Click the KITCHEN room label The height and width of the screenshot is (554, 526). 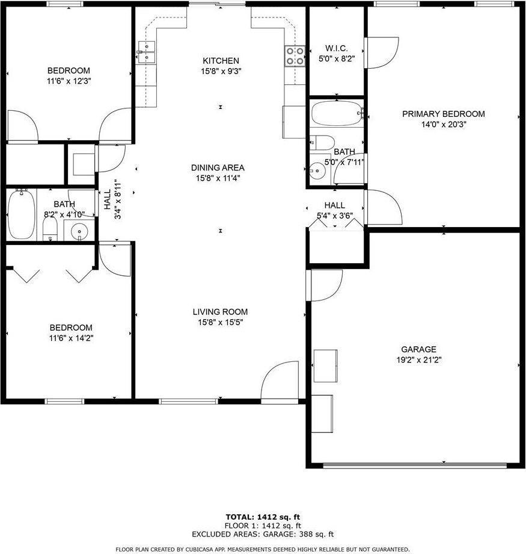221,61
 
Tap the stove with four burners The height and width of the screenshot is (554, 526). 295,56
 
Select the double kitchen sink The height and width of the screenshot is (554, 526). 146,52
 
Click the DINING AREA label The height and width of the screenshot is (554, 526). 218,167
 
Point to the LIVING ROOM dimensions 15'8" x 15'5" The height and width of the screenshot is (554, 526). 220,322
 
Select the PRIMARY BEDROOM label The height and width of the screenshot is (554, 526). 443,114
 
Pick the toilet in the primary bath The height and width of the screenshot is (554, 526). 323,143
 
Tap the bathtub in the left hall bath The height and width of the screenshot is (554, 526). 22,214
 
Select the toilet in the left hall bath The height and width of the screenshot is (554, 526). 50,228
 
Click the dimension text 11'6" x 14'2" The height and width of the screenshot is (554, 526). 71,338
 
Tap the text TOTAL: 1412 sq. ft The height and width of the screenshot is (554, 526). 262,517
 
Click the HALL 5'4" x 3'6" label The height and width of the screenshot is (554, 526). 334,211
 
